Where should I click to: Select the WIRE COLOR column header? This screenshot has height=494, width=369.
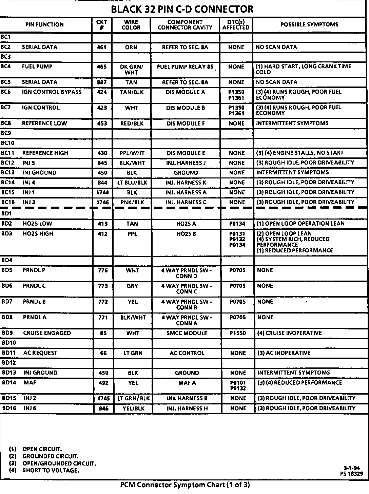(131, 24)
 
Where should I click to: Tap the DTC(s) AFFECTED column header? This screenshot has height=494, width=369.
(236, 24)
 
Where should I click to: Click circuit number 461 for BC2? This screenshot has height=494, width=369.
(102, 47)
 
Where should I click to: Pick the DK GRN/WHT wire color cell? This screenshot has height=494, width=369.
(131, 70)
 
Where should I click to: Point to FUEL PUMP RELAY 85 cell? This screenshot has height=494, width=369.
(185, 67)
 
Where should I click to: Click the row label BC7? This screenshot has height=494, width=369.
(6, 108)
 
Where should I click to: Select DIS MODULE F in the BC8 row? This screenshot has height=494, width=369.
(186, 123)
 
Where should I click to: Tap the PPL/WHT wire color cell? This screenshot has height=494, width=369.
(132, 153)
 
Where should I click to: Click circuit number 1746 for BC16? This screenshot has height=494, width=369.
(102, 202)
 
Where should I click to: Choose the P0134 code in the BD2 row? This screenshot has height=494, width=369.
(237, 224)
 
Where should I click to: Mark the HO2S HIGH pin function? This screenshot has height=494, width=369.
(38, 234)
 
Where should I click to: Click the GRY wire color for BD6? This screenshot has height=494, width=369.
(132, 286)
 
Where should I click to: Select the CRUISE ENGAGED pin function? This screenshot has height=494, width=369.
(47, 333)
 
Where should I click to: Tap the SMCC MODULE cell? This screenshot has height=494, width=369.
(187, 333)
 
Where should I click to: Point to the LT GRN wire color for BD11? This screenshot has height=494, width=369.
(133, 353)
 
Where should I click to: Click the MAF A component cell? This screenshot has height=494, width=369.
(187, 383)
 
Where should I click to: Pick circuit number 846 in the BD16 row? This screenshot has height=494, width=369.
(103, 408)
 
